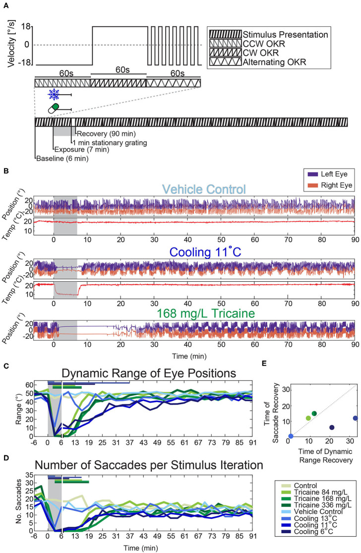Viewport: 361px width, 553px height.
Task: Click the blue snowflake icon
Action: (53, 94)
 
